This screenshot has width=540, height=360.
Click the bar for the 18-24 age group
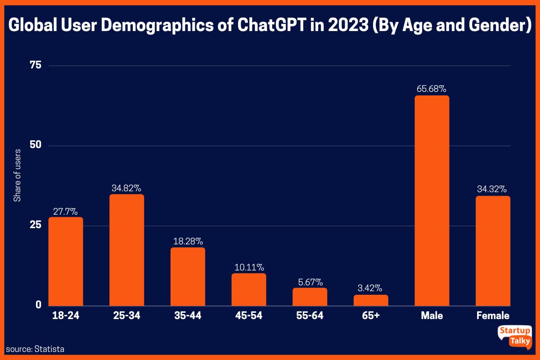tap(66, 261)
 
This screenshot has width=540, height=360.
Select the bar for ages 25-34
tap(127, 250)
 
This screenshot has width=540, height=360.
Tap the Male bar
tap(432, 201)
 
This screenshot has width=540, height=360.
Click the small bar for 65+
tap(371, 300)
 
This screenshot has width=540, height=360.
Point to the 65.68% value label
tap(432, 88)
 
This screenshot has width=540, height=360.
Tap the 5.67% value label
tap(310, 282)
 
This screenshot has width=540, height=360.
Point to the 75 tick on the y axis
tap(35, 66)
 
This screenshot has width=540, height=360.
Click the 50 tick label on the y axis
tap(35, 145)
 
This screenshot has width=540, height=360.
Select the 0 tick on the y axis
tap(39, 305)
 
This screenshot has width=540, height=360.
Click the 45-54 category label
tap(248, 315)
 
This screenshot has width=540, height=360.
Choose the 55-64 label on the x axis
tap(310, 315)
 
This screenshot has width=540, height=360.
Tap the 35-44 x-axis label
tap(188, 315)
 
